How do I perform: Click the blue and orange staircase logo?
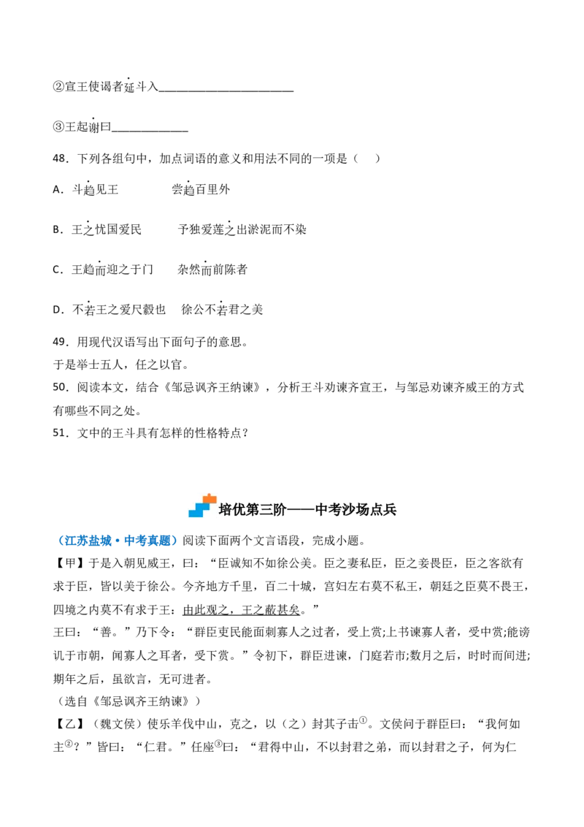pos(202,506)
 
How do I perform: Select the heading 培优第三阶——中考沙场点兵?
pos(307,509)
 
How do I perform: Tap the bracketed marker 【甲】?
pos(70,564)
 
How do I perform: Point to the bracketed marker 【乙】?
pos(70,724)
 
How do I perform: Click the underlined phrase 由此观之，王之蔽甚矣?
pos(242,610)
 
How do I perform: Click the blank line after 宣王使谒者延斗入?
pos(226,91)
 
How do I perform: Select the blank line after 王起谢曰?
pos(150,130)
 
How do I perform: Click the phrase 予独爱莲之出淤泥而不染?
pos(242,230)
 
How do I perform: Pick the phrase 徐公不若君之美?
pos(222,310)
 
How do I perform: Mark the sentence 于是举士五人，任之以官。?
pos(121,365)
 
